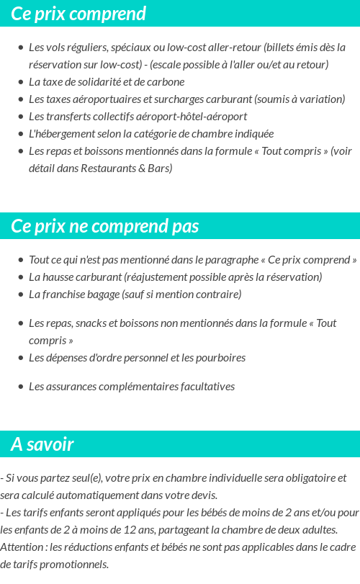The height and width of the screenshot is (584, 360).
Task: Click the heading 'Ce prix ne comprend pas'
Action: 105,226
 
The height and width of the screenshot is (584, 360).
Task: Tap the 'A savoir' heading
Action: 42,444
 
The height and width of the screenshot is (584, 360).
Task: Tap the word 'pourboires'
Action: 221,358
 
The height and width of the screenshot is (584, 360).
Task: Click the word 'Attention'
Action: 22,547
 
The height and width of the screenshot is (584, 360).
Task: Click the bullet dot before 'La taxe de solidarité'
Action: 20,82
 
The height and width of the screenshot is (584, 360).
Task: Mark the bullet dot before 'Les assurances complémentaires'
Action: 20,387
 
